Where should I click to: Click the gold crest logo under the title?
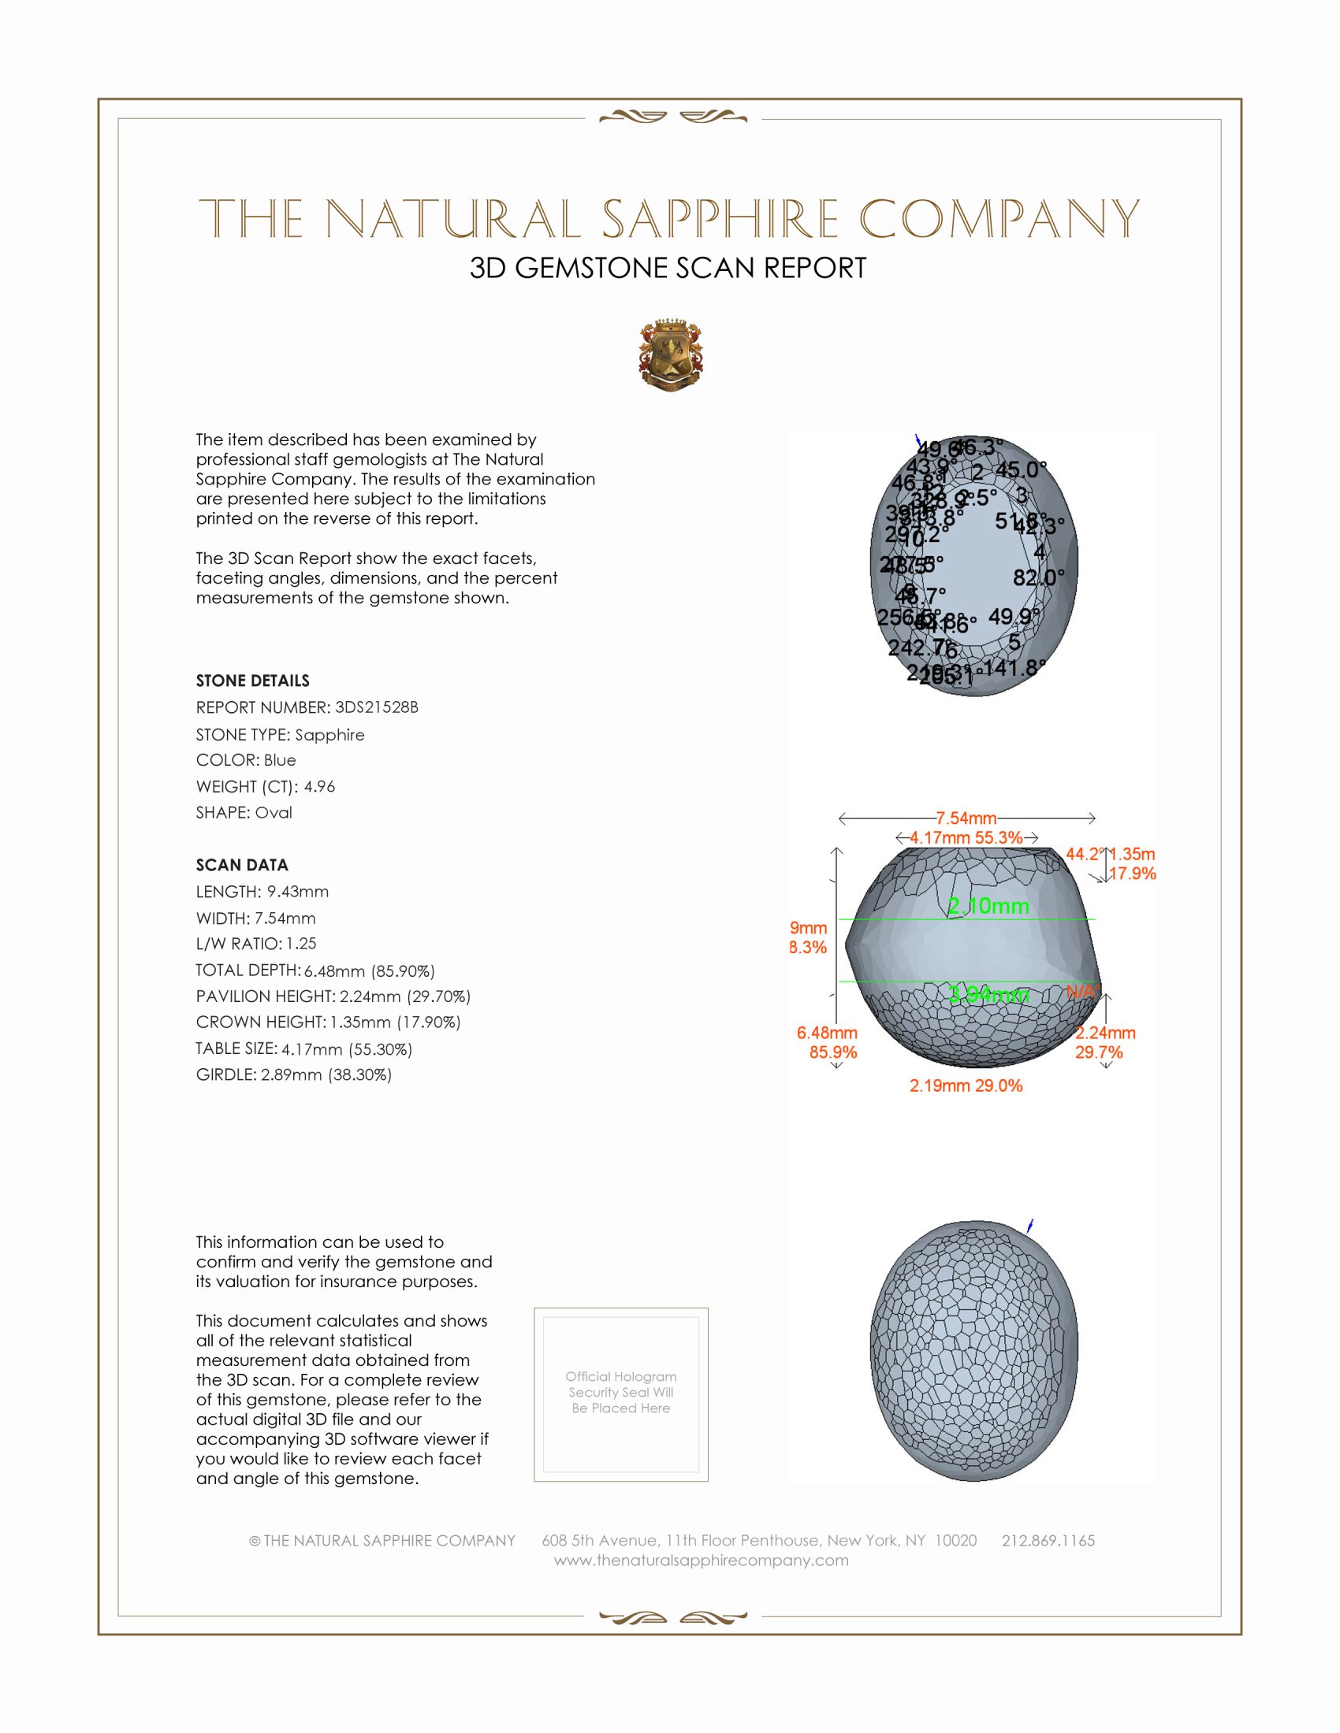click(x=671, y=354)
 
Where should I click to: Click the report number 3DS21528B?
click(x=376, y=707)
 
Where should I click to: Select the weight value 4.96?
click(x=319, y=786)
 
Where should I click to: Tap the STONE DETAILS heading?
click(x=252, y=681)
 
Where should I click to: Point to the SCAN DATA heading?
click(x=242, y=865)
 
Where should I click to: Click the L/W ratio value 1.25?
click(x=301, y=944)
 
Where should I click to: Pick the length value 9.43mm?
click(x=298, y=891)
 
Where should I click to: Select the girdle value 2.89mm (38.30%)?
click(x=326, y=1074)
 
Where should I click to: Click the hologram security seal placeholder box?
click(x=621, y=1394)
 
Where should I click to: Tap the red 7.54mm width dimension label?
click(x=966, y=818)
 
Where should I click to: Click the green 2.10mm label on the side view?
click(x=988, y=906)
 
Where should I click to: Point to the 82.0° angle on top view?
click(x=1038, y=577)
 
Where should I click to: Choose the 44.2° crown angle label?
click(x=1084, y=854)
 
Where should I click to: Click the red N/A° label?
click(x=1082, y=991)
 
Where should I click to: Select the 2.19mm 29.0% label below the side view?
click(x=966, y=1085)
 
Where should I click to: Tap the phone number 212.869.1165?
click(x=1048, y=1540)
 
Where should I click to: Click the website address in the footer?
click(x=701, y=1560)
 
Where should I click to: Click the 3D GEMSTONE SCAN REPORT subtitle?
click(x=668, y=268)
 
